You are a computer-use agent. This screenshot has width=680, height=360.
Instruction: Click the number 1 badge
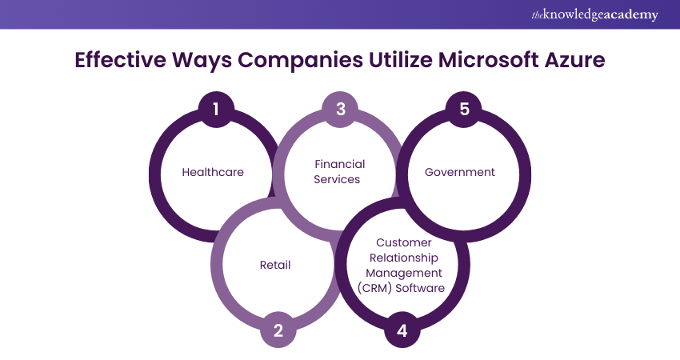(x=216, y=108)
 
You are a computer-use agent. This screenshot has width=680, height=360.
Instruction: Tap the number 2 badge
(x=278, y=330)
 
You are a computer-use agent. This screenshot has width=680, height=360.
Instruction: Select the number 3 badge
(x=340, y=108)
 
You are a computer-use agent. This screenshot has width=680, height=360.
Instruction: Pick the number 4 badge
(x=402, y=330)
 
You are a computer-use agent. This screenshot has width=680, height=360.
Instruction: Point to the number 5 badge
(x=464, y=108)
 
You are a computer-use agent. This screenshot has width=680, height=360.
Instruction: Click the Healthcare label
(x=212, y=172)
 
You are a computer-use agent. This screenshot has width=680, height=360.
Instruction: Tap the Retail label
(x=275, y=265)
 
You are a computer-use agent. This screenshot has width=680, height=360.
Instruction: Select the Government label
(x=460, y=172)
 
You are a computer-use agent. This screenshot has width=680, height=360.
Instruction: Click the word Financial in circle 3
(x=338, y=165)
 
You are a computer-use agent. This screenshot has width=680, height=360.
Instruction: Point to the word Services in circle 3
(x=337, y=179)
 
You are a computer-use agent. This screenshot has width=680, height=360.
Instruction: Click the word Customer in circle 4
(x=404, y=242)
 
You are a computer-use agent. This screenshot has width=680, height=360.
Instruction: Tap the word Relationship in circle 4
(x=403, y=258)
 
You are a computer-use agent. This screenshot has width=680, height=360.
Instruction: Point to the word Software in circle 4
(x=421, y=288)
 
